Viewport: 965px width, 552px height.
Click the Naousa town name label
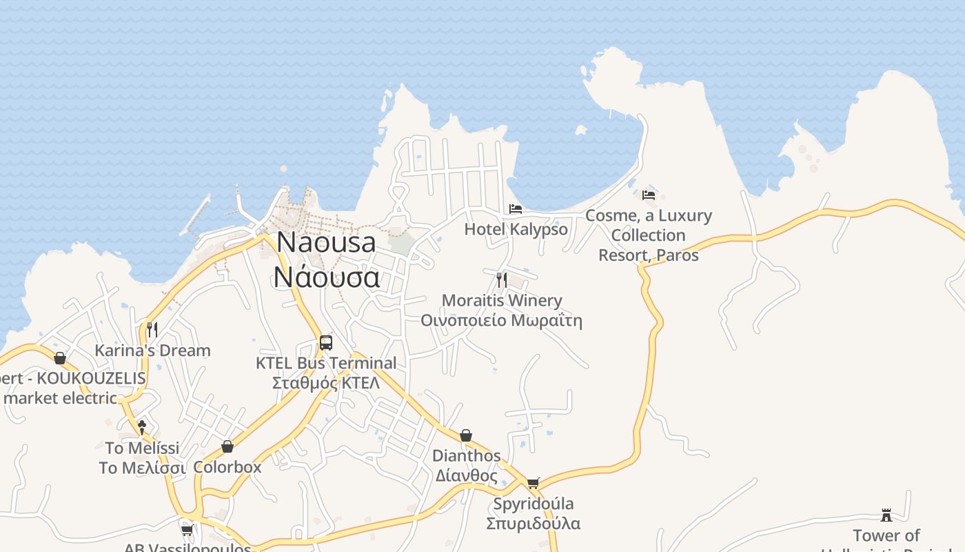[x=327, y=242]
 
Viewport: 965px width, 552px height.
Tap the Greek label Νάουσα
[x=327, y=277]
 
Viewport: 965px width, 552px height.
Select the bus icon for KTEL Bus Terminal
[x=326, y=342]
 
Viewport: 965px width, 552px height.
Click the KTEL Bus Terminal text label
[x=326, y=363]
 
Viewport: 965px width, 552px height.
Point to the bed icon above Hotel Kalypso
[x=516, y=208]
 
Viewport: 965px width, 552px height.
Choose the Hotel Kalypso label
[x=516, y=229]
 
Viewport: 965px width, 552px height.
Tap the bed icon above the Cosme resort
[x=649, y=195]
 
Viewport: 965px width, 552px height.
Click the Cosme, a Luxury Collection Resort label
[x=649, y=235]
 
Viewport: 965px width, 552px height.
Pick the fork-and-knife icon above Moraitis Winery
[x=502, y=279]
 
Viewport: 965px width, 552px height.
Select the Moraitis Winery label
[x=502, y=301]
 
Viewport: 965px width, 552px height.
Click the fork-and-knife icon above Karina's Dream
[x=152, y=329]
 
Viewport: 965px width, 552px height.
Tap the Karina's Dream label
[x=152, y=351]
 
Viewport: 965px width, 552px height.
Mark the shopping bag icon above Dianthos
[x=466, y=435]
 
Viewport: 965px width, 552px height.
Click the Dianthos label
[x=467, y=456]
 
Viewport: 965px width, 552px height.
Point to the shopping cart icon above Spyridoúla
[x=533, y=483]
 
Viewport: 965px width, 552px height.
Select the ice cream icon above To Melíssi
[x=142, y=427]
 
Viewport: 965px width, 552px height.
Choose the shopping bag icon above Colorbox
[x=227, y=446]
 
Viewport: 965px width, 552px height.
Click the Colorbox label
[x=227, y=467]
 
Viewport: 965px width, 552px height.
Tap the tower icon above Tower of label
[x=886, y=515]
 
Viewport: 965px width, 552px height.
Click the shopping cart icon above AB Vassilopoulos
[x=187, y=530]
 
